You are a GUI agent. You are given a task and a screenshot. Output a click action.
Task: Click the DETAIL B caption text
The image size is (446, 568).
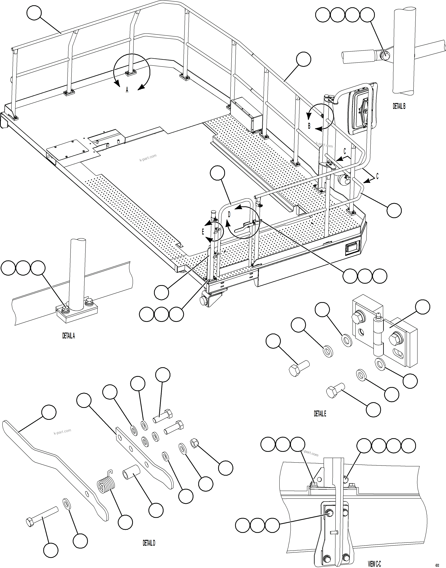click(399, 106)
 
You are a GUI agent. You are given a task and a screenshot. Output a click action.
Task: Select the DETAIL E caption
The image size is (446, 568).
click(320, 414)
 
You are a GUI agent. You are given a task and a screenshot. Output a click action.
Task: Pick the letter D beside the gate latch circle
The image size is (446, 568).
click(229, 215)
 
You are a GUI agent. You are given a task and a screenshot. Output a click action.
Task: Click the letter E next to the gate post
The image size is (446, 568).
click(203, 232)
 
